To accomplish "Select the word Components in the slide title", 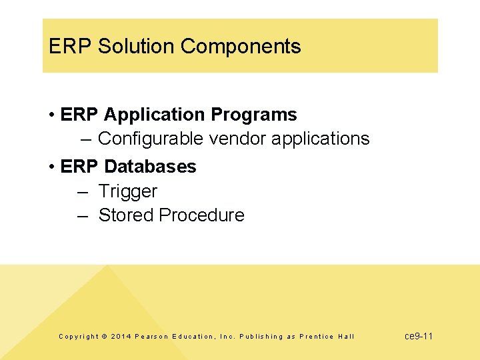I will pos(241,47).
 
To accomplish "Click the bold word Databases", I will pos(150,166).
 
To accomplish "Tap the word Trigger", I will pos(128,191).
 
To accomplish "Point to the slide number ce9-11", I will pos(419,336).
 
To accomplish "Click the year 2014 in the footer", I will pos(121,337).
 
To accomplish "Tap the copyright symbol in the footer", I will pos(104,337).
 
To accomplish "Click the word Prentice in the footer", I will pos(317,337).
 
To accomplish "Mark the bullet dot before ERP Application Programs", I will pos(51,115).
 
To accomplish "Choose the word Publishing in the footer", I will pos(261,337).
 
